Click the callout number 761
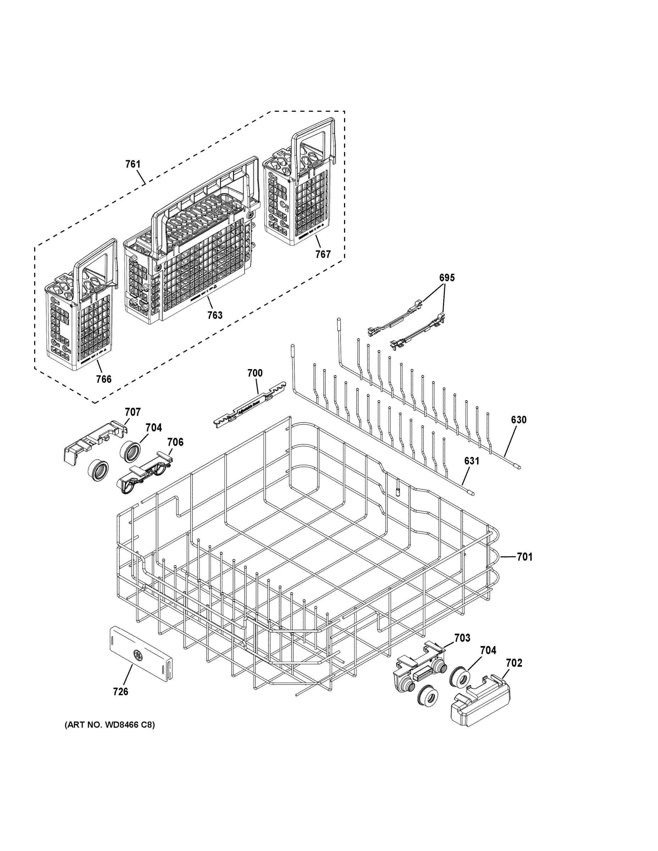click(x=133, y=164)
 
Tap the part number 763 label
click(x=215, y=315)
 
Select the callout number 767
click(x=323, y=254)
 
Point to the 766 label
click(x=104, y=379)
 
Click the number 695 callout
click(x=447, y=278)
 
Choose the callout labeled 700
click(x=255, y=373)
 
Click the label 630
click(x=519, y=420)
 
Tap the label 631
click(x=471, y=461)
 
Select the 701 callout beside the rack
click(x=524, y=557)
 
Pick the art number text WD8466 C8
click(x=110, y=725)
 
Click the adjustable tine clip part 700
click(x=249, y=405)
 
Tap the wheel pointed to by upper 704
click(x=129, y=452)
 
